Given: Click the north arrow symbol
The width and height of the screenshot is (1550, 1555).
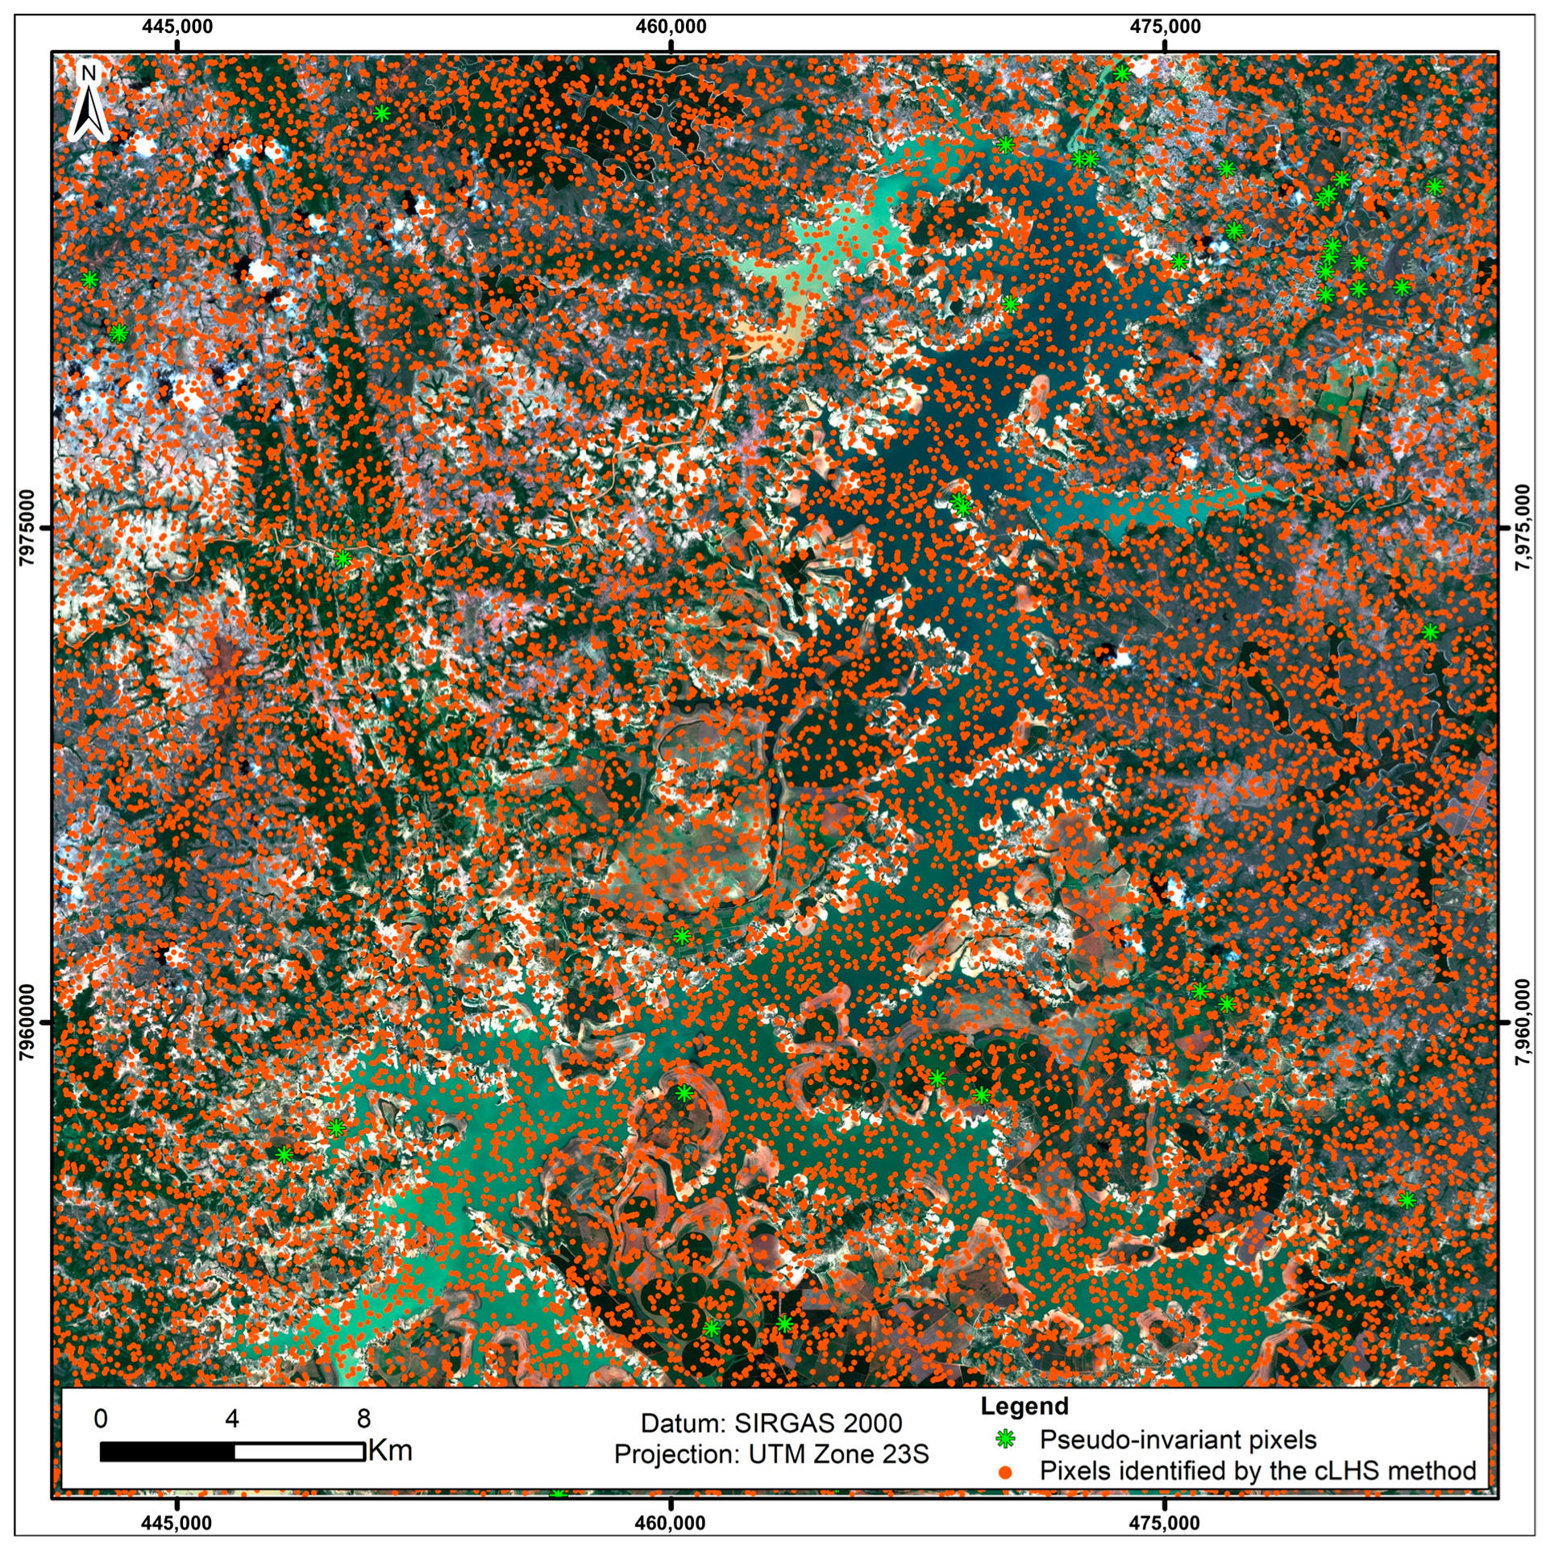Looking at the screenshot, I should [89, 102].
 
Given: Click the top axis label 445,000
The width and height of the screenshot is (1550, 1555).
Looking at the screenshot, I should [177, 27].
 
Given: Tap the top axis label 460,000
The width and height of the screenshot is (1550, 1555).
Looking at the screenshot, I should [671, 27].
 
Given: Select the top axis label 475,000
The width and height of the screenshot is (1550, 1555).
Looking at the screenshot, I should [1166, 27].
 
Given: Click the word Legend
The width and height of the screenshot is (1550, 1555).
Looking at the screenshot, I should [1024, 1406].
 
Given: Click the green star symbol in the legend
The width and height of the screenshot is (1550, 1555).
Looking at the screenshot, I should [1005, 1439].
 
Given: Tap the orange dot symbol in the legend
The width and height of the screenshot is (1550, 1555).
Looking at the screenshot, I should [1005, 1471].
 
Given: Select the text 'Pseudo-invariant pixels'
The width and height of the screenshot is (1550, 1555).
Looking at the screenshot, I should [1178, 1440].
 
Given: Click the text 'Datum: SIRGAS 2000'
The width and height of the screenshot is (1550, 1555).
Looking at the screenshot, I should [771, 1423].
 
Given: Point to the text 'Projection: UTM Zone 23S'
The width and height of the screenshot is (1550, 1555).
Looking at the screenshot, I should [771, 1454].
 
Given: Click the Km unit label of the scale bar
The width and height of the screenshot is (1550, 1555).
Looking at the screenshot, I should [390, 1451].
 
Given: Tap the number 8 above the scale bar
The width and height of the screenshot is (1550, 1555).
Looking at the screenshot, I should [364, 1419].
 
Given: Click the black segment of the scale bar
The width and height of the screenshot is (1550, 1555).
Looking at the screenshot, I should [167, 1452].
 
